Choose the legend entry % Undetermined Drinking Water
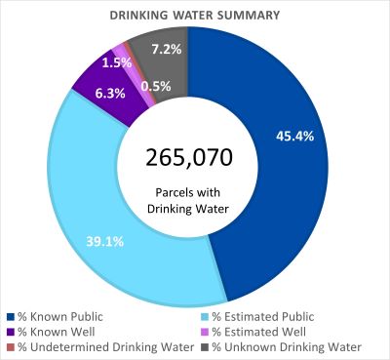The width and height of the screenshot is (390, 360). click(x=97, y=346)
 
